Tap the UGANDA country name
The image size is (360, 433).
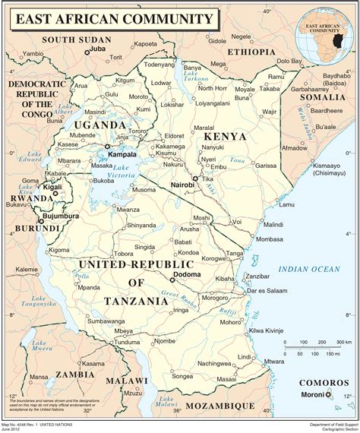98,125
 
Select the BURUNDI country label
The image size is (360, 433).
30,227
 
